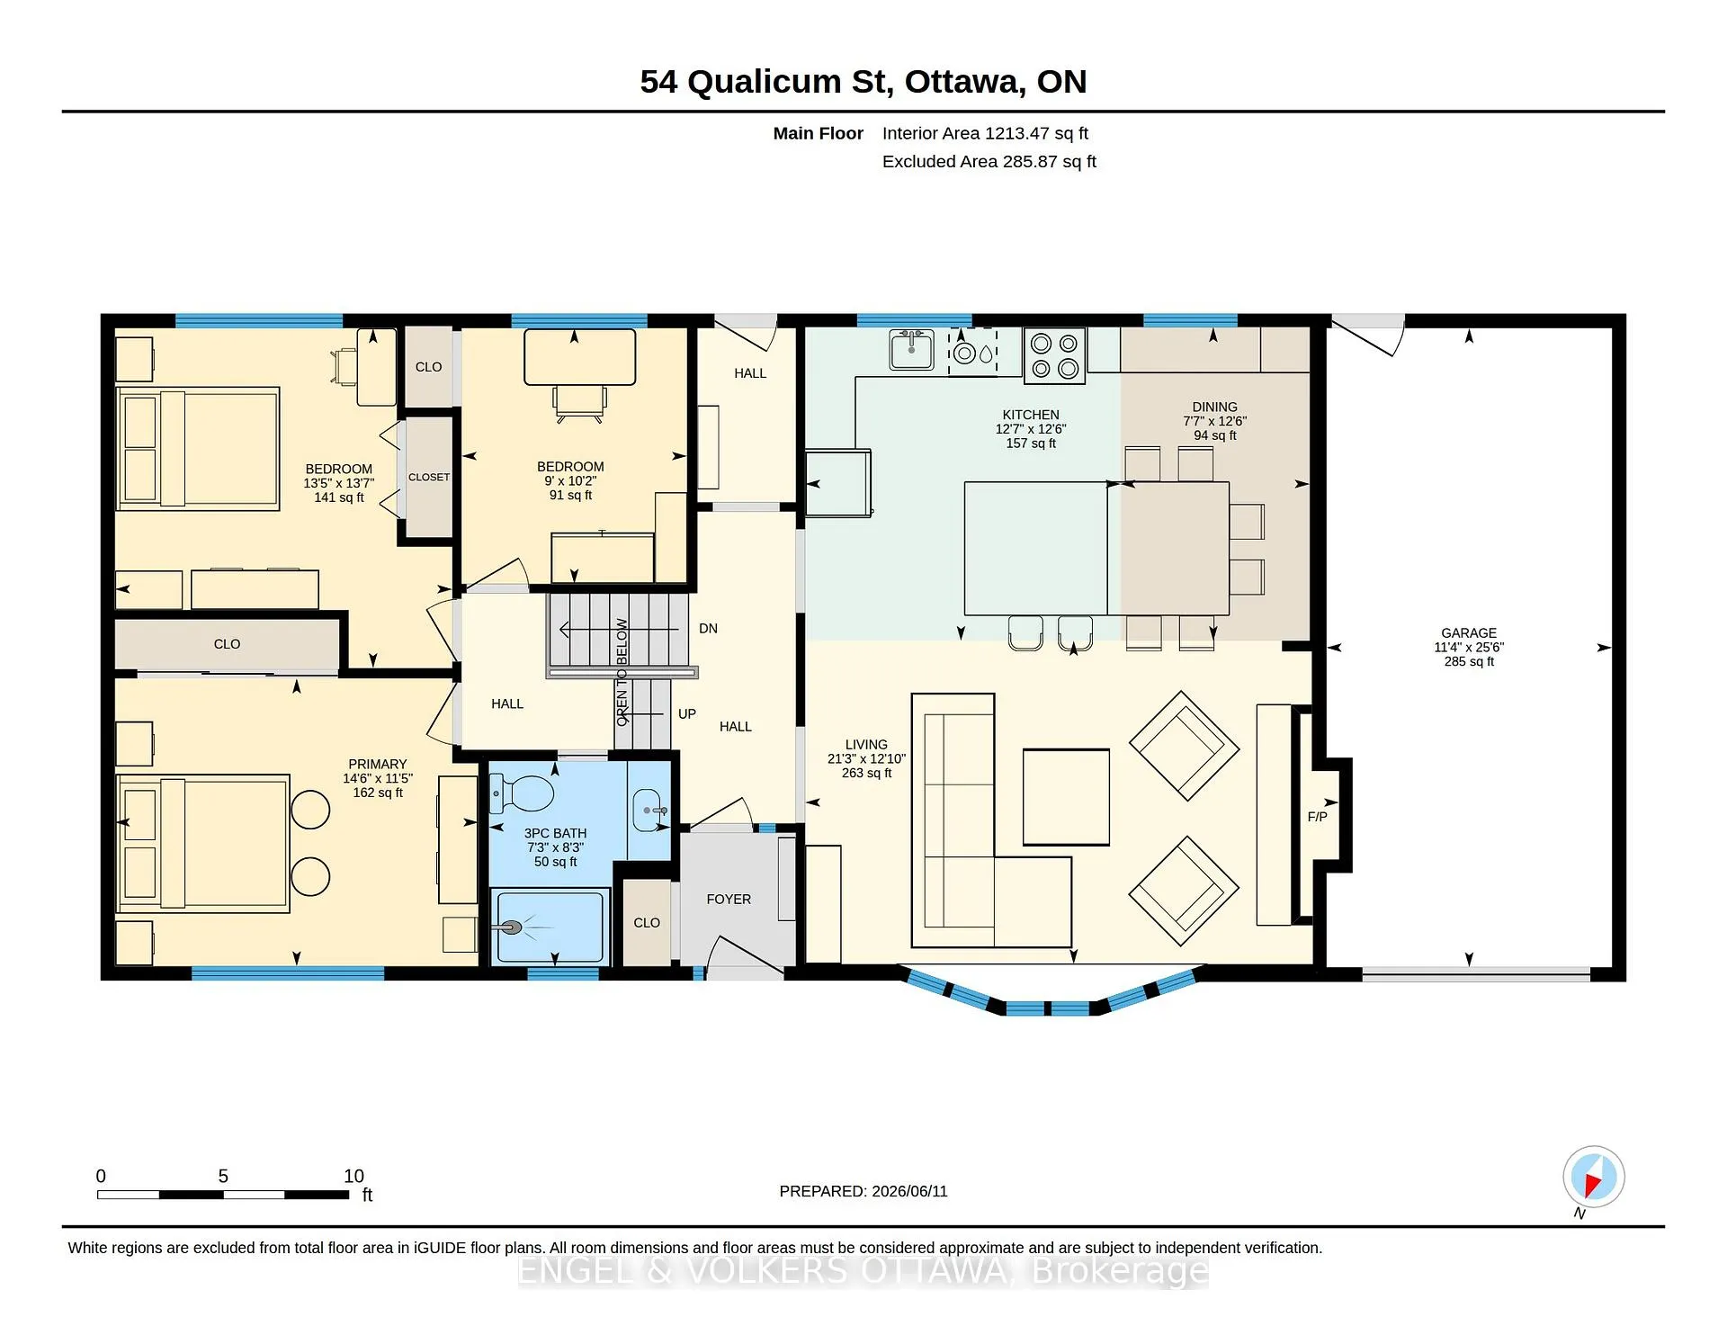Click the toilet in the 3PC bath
point(523,793)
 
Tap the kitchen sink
point(911,350)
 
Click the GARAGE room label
point(1469,632)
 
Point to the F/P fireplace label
point(1317,817)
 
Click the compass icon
point(1593,1177)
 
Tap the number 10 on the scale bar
point(353,1176)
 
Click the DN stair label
point(708,629)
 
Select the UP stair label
point(686,714)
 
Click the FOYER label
point(729,900)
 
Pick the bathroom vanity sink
point(649,810)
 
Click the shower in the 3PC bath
point(550,927)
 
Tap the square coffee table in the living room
point(1066,797)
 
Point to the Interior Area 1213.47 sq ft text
point(985,133)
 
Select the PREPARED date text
point(863,1191)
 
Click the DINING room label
point(1214,408)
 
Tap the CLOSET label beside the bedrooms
point(429,477)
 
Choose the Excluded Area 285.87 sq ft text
point(989,162)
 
